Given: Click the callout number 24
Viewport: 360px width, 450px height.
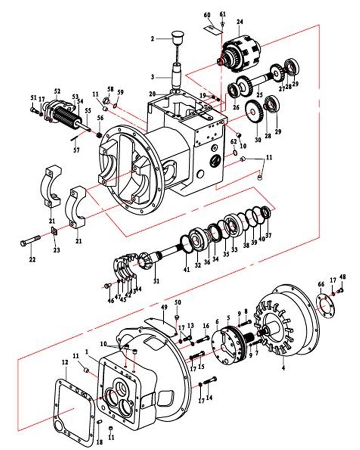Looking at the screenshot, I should [x=240, y=21].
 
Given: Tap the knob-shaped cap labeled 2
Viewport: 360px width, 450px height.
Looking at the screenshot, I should [x=176, y=40].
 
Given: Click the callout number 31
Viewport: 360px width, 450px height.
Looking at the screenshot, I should [x=156, y=281].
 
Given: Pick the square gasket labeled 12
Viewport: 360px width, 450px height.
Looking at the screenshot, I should [x=74, y=404].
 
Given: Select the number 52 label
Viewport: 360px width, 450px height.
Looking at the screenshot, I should [x=57, y=92].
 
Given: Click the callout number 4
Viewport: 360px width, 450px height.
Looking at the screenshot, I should [x=283, y=368].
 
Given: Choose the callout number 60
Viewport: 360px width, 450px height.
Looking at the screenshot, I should [x=207, y=15].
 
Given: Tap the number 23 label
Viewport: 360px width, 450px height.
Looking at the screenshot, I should [x=57, y=250].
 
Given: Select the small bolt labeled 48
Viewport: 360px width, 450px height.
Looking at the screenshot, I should [x=341, y=290].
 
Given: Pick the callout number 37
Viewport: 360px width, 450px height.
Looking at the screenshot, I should [x=268, y=235].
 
